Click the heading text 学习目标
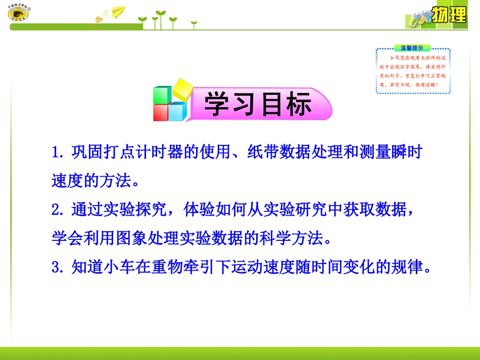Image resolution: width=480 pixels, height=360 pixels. point(258,105)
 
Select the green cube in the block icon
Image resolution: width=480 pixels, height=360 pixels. point(162,94)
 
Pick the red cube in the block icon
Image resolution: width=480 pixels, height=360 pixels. point(161,112)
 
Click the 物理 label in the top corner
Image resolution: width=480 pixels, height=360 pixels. point(450,15)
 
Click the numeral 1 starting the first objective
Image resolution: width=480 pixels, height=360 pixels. point(56,152)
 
